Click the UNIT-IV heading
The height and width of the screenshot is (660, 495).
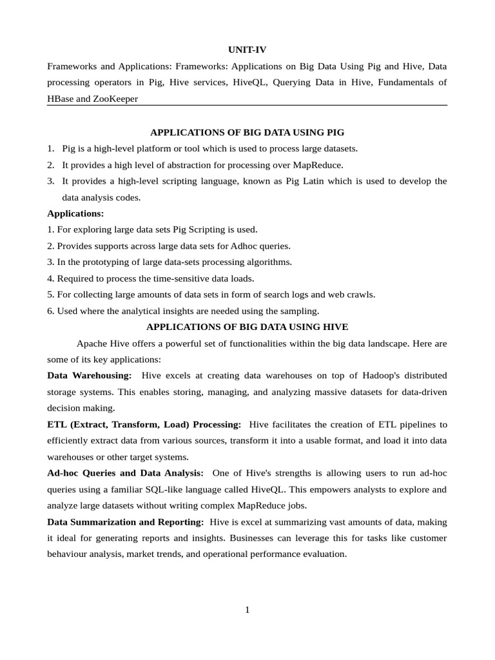pos(247,50)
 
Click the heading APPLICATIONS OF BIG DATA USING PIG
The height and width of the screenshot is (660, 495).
pos(247,132)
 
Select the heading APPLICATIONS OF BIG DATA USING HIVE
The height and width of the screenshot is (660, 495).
pos(247,327)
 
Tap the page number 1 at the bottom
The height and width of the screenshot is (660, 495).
pos(247,610)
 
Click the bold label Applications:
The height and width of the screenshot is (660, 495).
pos(75,213)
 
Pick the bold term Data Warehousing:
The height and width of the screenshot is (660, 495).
pos(90,375)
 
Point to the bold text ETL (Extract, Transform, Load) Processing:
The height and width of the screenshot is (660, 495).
pos(144,425)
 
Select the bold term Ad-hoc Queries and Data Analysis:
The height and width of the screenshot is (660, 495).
pos(126,473)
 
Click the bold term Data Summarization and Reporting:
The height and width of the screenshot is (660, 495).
pos(126,521)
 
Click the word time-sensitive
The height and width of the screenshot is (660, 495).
pos(157,278)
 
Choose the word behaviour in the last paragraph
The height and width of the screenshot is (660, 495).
pos(68,554)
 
